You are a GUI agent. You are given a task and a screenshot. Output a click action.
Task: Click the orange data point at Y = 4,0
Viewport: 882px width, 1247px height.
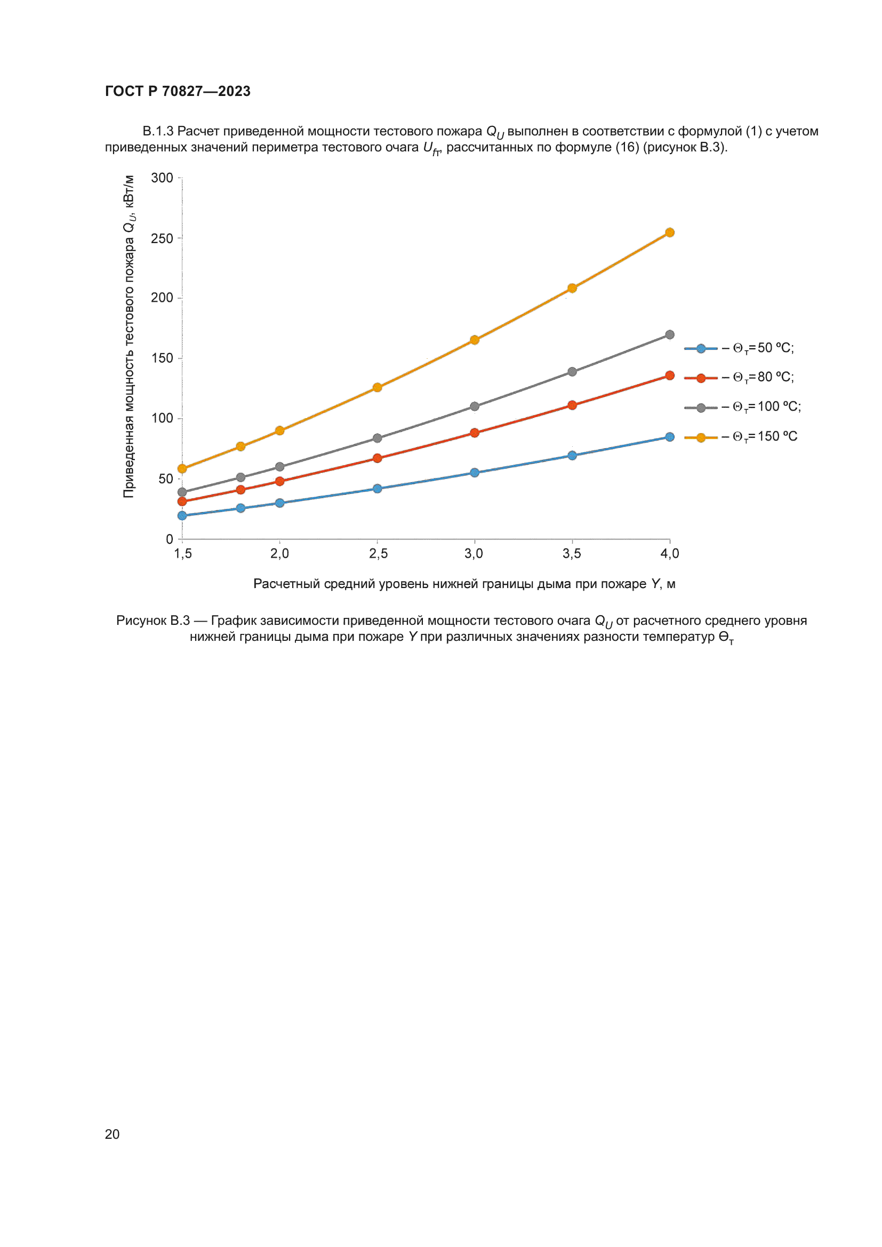[670, 232]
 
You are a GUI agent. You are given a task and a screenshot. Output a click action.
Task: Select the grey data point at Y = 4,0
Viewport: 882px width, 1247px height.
[670, 335]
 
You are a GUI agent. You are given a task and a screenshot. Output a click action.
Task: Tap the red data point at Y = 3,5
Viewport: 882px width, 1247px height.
[572, 405]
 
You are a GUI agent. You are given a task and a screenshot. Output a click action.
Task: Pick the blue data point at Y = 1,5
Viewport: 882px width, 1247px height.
[182, 516]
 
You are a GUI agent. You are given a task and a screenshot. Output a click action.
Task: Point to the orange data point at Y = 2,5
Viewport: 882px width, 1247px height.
[378, 387]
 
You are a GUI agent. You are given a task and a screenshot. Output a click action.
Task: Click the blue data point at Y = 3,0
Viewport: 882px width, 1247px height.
[475, 472]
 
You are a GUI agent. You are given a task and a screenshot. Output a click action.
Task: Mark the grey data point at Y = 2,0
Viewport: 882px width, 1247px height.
[280, 466]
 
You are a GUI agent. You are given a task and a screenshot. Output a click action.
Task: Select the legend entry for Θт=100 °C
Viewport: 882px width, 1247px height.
[742, 407]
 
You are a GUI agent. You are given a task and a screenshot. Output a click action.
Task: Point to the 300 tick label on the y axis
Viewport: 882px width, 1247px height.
[162, 178]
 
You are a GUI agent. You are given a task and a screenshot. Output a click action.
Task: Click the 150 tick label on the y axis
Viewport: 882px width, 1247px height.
[162, 358]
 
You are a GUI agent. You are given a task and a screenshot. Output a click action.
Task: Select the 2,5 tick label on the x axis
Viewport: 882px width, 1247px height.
[378, 553]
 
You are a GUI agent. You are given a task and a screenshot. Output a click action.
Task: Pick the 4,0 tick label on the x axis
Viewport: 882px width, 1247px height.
[670, 553]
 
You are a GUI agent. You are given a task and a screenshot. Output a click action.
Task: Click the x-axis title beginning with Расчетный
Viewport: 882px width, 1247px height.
[464, 584]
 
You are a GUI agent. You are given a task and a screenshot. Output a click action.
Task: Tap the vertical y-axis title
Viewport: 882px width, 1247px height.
[129, 336]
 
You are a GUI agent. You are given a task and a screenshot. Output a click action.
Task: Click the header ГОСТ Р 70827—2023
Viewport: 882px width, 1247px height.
[178, 91]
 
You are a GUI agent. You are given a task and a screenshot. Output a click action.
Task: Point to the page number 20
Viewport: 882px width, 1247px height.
[112, 1134]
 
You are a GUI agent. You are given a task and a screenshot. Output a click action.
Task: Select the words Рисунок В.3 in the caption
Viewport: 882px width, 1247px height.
[153, 620]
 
